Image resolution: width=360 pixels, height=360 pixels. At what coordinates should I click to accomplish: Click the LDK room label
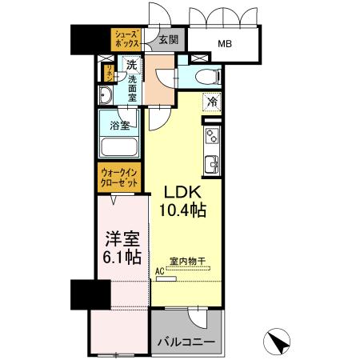point(186,193)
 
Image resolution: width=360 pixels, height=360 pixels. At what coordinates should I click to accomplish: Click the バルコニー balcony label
point(185,342)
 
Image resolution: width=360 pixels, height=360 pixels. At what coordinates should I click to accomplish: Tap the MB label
point(226,45)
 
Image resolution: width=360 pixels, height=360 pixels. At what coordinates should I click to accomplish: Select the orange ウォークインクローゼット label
point(120,176)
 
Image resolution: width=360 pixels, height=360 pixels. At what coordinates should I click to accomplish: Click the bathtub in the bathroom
point(121,149)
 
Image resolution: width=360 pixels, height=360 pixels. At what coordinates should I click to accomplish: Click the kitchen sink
point(213,166)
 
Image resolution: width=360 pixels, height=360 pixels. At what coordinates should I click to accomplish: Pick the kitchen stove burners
point(213,136)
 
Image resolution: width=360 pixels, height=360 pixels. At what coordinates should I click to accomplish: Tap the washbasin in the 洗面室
point(106,96)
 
